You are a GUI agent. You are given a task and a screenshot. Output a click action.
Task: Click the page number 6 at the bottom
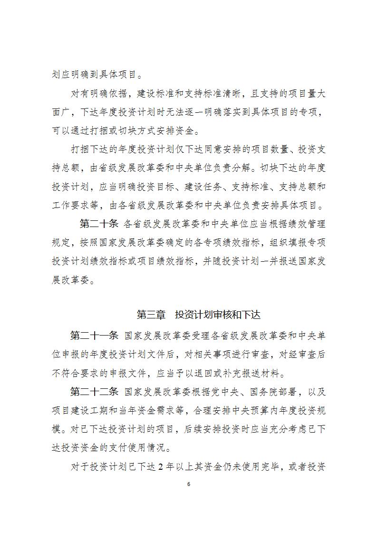[x=189, y=484]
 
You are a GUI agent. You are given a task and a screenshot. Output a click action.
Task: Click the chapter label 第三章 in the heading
[x=151, y=315]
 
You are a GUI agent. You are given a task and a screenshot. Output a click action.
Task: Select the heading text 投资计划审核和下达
[x=217, y=315]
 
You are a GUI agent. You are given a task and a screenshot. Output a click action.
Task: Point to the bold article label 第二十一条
[x=94, y=336]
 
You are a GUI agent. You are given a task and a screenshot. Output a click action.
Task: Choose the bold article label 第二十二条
[x=94, y=392]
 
